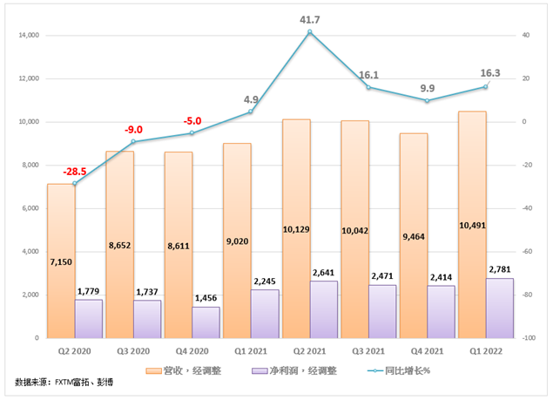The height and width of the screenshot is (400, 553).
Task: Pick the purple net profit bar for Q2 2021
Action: click(x=324, y=309)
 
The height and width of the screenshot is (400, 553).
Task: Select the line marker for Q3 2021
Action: click(x=368, y=87)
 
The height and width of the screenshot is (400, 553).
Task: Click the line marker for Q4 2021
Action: click(x=427, y=101)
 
